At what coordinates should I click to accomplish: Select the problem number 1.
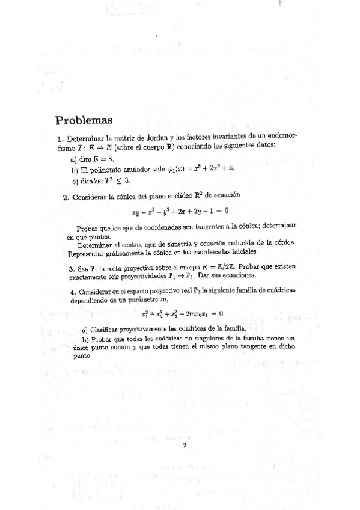[x=59, y=138]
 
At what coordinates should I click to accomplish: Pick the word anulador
[x=123, y=170]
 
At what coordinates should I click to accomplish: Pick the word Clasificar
[x=106, y=329]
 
